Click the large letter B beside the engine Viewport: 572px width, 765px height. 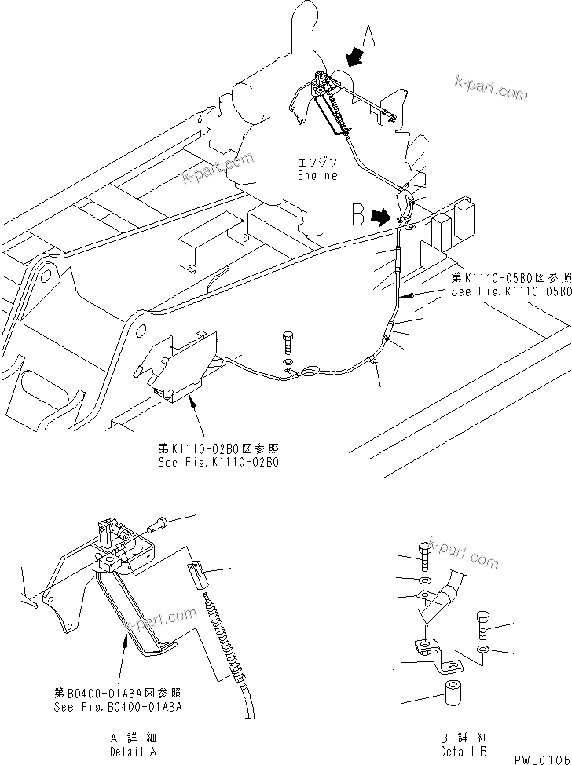point(358,214)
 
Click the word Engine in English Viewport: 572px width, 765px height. point(317,175)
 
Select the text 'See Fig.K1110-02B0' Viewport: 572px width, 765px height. point(218,462)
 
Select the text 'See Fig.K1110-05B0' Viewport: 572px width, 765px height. point(511,291)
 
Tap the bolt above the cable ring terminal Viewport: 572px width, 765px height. point(287,344)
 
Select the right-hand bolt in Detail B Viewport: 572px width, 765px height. point(483,625)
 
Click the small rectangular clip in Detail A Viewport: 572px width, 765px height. point(200,576)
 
